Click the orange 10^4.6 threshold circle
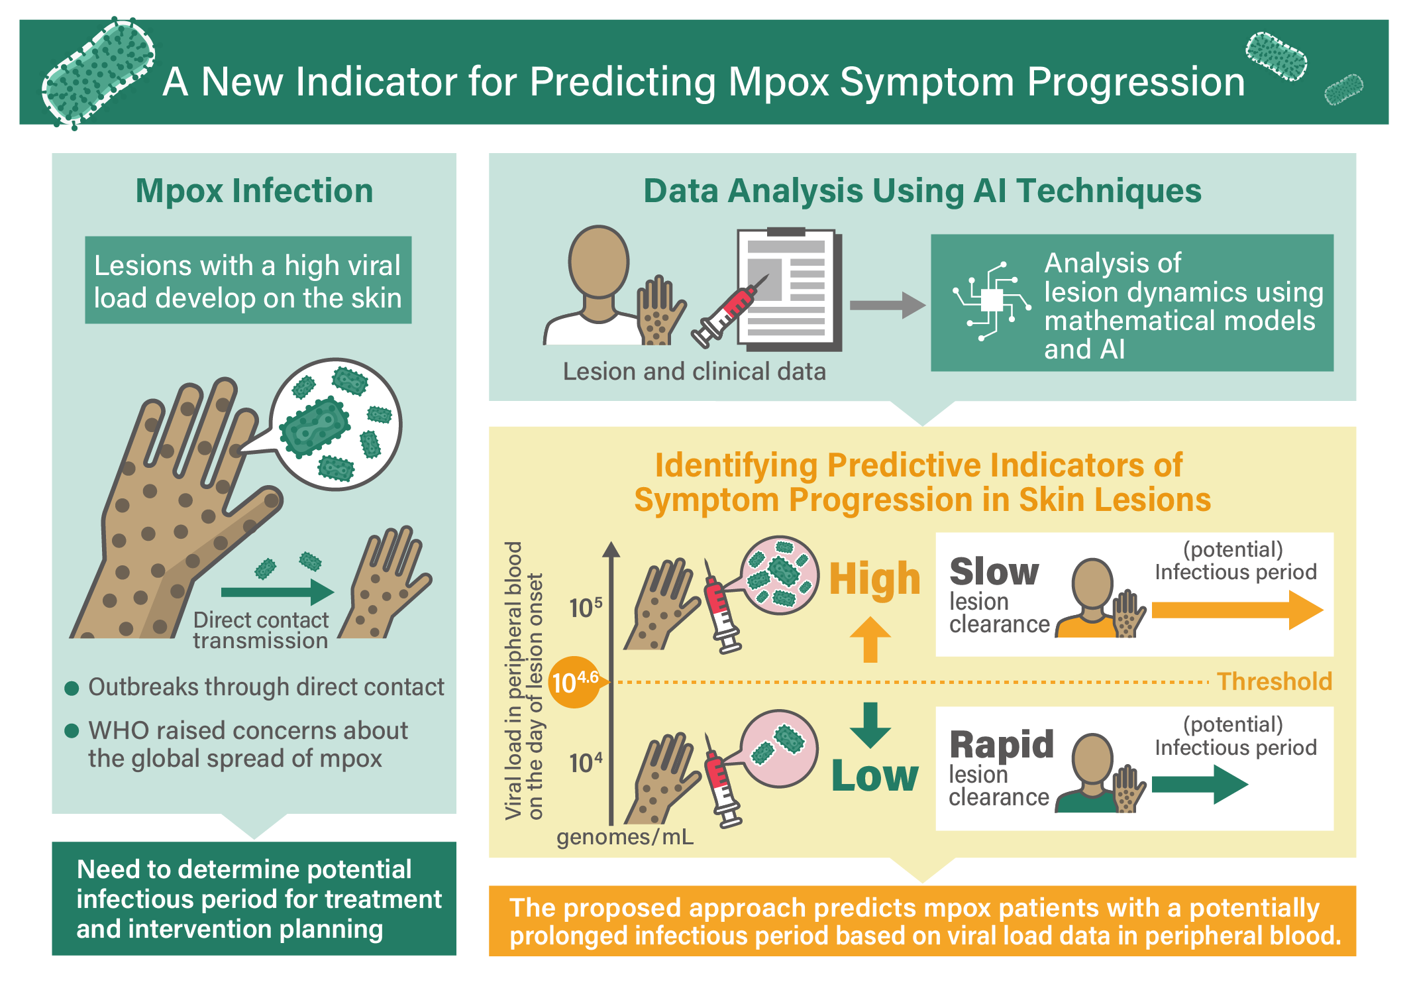click(574, 682)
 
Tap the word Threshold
click(1275, 681)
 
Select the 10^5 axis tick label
click(586, 607)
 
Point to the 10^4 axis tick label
click(586, 763)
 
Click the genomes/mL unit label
click(625, 837)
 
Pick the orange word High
click(875, 579)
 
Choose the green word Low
click(875, 775)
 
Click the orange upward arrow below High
click(870, 640)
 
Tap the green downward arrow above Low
click(870, 725)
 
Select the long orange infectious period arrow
click(1237, 610)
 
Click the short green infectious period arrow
click(1200, 785)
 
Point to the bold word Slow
click(994, 572)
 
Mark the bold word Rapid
click(1002, 745)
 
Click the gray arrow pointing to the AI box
click(888, 306)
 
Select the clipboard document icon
click(789, 289)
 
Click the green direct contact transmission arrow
click(278, 592)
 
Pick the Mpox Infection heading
click(254, 191)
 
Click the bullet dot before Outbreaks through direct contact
click(72, 688)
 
